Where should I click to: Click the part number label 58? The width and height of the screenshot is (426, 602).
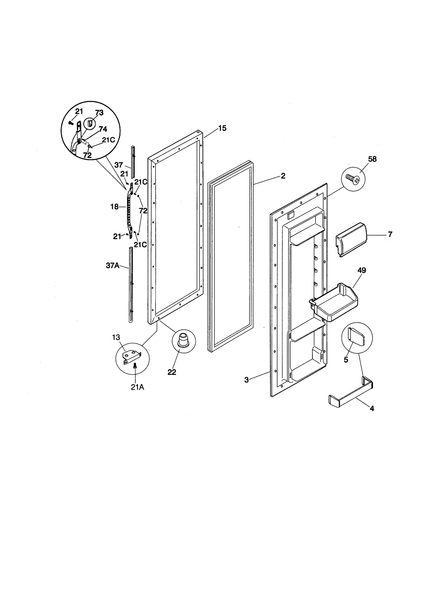click(372, 159)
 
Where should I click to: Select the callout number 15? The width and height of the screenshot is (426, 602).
click(222, 128)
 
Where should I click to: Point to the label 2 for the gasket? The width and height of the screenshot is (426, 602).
click(283, 176)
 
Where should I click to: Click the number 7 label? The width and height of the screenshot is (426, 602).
click(390, 234)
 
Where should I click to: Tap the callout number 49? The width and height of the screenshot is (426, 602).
click(362, 270)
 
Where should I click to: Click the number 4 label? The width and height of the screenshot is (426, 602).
click(372, 408)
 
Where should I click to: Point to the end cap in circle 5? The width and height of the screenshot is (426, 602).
click(356, 337)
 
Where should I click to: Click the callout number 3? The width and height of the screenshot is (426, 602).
click(247, 380)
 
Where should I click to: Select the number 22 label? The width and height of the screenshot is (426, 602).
click(172, 372)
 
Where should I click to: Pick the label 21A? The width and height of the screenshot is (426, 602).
click(137, 387)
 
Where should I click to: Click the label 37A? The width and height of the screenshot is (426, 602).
click(113, 265)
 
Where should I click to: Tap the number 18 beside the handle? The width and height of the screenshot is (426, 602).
click(114, 207)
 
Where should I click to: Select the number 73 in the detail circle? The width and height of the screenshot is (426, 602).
click(99, 113)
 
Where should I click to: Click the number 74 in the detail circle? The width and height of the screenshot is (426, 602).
click(103, 129)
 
